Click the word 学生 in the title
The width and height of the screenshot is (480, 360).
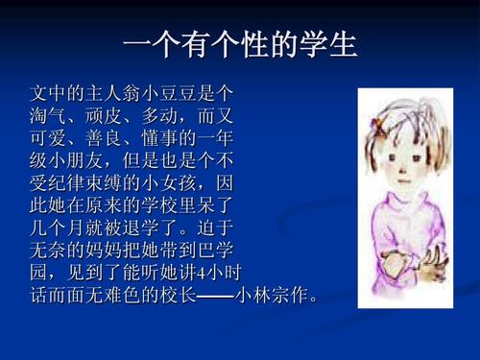click(x=330, y=44)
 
